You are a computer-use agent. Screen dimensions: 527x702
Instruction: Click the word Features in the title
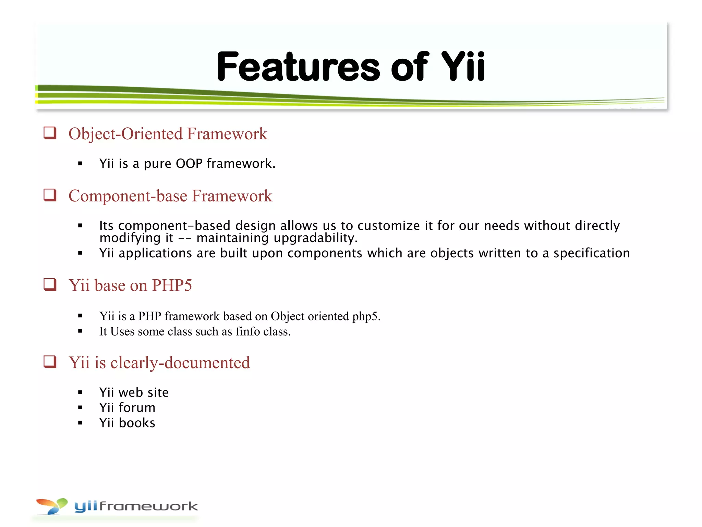coord(298,67)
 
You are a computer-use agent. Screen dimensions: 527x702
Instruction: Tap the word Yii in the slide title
coord(463,67)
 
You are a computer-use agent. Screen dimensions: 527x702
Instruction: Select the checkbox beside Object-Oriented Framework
coord(50,133)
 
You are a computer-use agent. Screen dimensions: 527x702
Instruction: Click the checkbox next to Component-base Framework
coord(50,195)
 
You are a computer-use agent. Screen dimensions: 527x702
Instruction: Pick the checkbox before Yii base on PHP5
coord(50,284)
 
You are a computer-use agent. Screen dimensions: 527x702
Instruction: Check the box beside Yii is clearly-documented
coord(50,362)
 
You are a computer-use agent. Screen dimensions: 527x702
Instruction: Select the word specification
coord(592,253)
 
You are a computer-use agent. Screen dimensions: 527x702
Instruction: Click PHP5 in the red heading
coord(172,285)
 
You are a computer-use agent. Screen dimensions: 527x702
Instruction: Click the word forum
coord(137,408)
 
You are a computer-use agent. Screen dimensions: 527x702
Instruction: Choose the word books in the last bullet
coord(137,423)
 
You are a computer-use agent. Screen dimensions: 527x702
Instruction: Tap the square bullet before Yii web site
coord(80,393)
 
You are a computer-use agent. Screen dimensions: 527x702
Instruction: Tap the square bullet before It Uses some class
coord(80,331)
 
